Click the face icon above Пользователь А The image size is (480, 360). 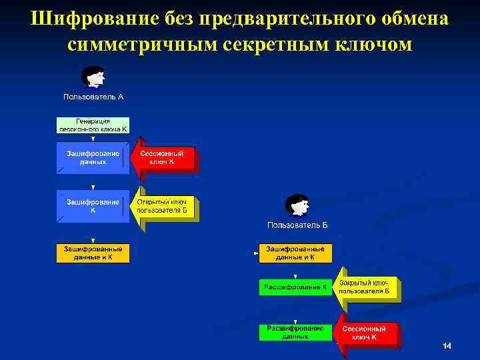tap(93, 77)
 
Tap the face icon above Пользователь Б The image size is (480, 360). tap(297, 206)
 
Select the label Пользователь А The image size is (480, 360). tap(93, 97)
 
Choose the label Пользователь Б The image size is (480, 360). tap(297, 225)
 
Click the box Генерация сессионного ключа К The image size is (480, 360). tap(93, 125)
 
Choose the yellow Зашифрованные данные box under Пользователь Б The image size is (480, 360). tap(296, 253)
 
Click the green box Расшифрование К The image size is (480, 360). tap(296, 287)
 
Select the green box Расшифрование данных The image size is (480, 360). tap(296, 332)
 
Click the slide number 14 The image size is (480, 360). tap(447, 346)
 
